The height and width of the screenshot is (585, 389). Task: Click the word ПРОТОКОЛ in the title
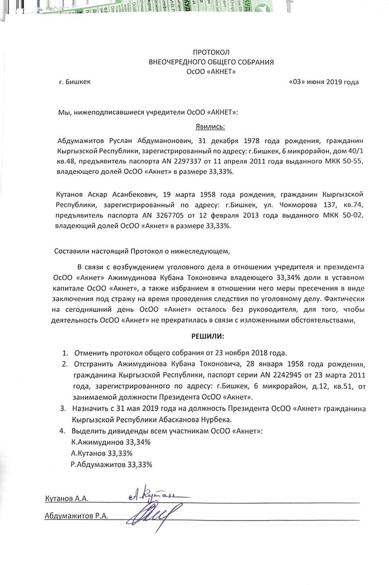[211, 52]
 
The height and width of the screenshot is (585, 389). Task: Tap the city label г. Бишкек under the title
[75, 82]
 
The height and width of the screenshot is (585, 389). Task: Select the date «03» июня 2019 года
[324, 82]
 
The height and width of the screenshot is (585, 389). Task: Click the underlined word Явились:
[211, 126]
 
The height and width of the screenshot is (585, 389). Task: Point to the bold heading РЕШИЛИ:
[212, 336]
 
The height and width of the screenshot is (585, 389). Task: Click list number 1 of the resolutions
[65, 352]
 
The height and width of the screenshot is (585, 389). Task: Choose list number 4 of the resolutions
[65, 431]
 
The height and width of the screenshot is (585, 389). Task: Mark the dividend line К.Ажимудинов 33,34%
[111, 442]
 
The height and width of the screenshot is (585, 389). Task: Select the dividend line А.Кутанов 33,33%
[102, 453]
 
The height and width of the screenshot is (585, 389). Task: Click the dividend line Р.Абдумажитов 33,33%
[111, 464]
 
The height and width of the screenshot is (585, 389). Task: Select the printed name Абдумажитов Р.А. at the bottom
[76, 516]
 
